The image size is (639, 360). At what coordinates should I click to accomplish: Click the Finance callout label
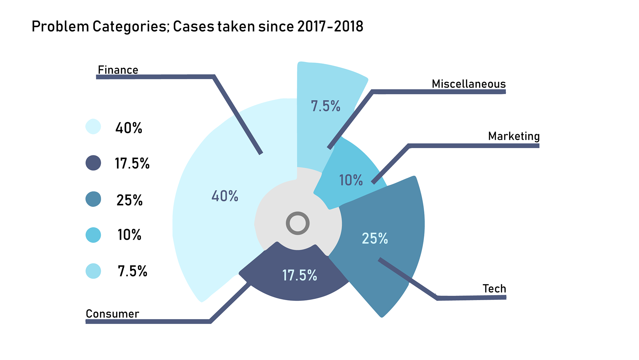click(118, 70)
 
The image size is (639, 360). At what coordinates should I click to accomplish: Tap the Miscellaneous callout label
click(468, 84)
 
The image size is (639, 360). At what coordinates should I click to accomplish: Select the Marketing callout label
click(514, 136)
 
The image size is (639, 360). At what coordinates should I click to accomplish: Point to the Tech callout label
click(494, 288)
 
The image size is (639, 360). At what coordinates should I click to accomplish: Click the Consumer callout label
click(112, 314)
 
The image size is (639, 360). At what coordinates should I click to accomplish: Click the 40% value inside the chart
click(225, 196)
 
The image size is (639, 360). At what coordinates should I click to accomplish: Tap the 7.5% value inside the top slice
click(325, 106)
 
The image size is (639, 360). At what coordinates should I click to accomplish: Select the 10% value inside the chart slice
click(351, 180)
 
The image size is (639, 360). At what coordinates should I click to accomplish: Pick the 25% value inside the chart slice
click(375, 239)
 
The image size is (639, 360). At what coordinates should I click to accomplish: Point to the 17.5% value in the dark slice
click(300, 275)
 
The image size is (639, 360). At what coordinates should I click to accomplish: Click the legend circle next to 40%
click(93, 127)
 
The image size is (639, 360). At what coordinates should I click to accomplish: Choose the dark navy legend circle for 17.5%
click(93, 163)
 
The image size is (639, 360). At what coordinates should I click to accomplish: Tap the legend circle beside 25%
click(93, 199)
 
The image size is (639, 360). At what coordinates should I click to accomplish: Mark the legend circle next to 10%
click(93, 235)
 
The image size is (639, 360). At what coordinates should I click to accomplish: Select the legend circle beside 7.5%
click(93, 271)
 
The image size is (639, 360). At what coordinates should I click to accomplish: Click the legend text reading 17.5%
click(132, 163)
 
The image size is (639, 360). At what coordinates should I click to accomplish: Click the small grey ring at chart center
click(298, 223)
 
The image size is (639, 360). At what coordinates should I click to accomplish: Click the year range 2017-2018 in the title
click(330, 27)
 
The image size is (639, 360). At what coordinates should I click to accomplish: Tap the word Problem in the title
click(60, 27)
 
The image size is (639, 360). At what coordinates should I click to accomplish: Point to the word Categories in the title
click(131, 27)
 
